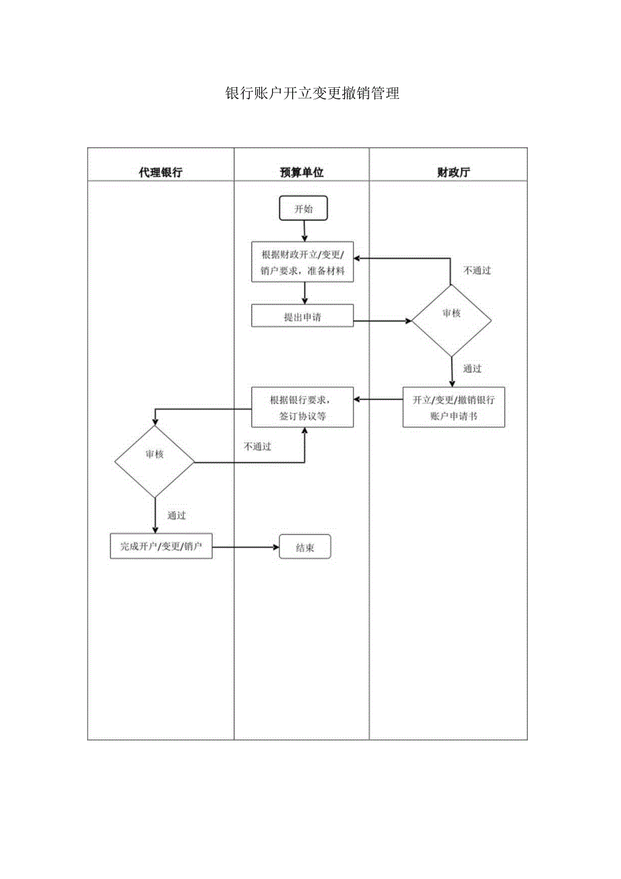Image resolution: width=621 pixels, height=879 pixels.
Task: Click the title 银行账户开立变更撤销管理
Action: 312,94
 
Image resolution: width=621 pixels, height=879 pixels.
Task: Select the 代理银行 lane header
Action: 161,172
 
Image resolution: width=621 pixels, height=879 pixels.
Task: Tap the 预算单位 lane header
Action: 302,172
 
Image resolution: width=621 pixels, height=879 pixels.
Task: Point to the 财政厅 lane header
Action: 454,172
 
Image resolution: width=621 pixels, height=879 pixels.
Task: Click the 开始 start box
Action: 304,209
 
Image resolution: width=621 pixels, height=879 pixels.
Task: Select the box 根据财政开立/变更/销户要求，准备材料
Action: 302,263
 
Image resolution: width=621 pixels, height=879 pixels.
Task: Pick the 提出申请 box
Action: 302,316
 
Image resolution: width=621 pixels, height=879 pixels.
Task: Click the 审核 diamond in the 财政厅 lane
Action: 452,314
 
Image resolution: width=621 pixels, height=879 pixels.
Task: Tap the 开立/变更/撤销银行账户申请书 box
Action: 454,407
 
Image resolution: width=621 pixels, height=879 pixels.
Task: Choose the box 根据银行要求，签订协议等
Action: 302,407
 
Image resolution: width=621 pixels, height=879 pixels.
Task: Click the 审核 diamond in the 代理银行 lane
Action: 155,455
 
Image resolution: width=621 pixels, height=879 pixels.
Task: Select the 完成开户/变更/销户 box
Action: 161,547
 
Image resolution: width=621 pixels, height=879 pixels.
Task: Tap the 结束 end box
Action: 305,548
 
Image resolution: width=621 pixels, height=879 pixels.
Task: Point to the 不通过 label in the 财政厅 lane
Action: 477,271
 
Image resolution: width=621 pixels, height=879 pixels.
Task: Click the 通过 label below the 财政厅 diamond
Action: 473,370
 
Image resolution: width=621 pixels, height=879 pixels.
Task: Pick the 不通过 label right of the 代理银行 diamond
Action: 257,447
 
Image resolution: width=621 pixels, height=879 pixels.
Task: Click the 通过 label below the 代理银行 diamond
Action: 176,516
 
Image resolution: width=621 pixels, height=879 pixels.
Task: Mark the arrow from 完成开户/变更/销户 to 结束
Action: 246,547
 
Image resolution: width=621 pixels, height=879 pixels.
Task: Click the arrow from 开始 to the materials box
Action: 305,230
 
